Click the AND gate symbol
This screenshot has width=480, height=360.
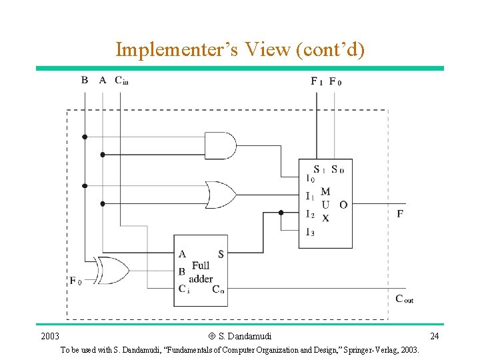[220, 145]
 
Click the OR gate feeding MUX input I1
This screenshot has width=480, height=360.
[221, 195]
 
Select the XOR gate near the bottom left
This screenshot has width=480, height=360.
[111, 271]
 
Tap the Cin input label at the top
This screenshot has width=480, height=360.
[121, 81]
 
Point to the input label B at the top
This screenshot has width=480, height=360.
[85, 80]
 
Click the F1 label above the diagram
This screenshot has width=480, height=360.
[317, 81]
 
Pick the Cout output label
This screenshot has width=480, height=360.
[404, 299]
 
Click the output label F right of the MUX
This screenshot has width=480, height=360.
[400, 213]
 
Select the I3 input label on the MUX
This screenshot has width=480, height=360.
[310, 232]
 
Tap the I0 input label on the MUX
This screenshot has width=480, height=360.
[310, 178]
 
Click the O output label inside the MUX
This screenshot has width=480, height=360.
[343, 205]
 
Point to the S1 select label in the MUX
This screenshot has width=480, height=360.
[319, 169]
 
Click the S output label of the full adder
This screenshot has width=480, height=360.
[221, 255]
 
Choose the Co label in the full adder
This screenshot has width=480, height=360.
[219, 289]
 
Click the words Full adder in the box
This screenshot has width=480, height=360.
[201, 272]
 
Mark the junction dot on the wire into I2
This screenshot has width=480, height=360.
[281, 213]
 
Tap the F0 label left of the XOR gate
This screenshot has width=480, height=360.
[75, 281]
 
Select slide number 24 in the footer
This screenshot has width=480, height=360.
[434, 335]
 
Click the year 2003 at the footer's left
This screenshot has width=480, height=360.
[50, 335]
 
